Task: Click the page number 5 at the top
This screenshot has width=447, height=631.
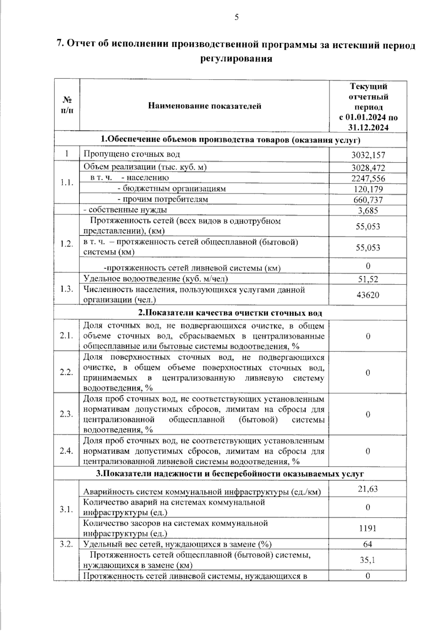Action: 237,17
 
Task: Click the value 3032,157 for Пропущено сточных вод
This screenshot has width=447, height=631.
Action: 368,155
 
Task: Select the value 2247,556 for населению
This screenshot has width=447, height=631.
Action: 368,178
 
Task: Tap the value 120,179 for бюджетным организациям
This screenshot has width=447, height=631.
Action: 368,189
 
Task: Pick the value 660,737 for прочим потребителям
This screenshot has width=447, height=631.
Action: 368,200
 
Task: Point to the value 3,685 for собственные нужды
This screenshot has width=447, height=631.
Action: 368,211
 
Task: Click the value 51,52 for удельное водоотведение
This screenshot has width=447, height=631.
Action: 368,279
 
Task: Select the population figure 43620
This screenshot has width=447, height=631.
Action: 368,295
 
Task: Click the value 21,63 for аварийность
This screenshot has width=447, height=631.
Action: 368,489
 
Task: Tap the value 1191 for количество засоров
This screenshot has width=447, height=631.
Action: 368,528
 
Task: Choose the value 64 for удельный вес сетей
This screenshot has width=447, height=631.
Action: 368,544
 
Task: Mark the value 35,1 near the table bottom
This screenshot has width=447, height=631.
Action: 368,560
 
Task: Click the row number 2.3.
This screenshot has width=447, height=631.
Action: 66,414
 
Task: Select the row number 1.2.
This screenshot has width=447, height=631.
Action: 66,244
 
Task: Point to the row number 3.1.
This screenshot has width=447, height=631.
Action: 66,509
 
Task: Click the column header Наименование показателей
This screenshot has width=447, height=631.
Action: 205,106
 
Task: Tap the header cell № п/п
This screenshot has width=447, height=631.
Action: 67,105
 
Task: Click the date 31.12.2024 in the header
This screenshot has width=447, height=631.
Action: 368,127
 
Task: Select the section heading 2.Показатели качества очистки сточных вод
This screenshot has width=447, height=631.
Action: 230,313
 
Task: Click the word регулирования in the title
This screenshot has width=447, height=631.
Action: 237,59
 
